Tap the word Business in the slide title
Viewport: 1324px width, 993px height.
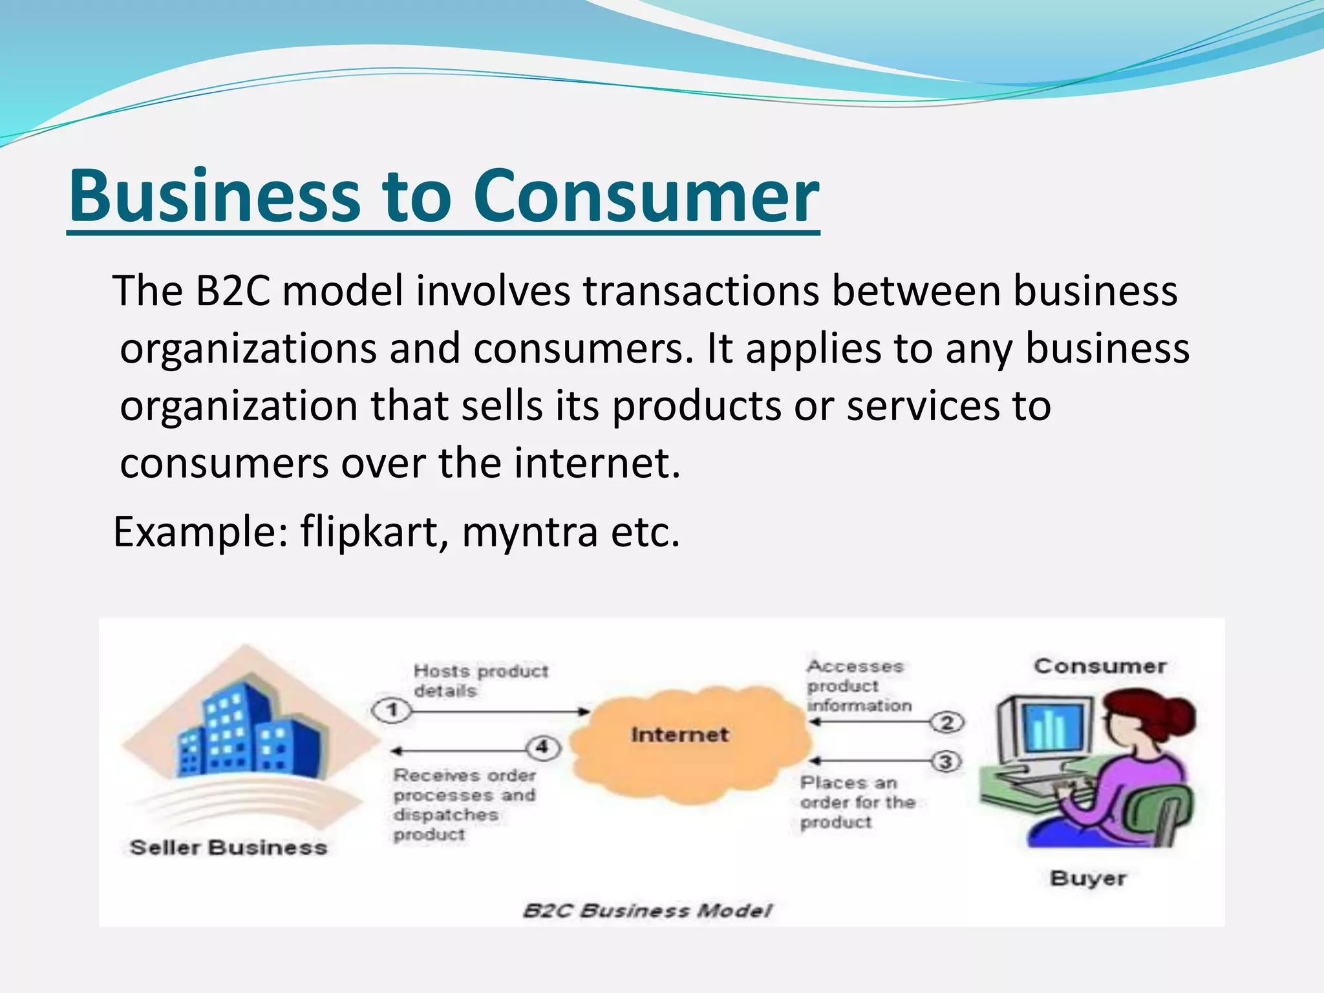tap(214, 196)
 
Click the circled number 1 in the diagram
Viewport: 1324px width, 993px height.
tap(392, 711)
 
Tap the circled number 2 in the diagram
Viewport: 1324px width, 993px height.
tap(947, 722)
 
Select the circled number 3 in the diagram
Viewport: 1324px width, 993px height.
tap(946, 762)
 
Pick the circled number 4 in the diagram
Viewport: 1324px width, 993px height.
tap(542, 748)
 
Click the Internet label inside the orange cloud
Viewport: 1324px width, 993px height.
tap(679, 735)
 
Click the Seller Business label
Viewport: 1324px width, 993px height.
tap(229, 848)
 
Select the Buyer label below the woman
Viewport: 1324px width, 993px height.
tap(1088, 879)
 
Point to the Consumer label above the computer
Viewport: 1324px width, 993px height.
tap(1100, 667)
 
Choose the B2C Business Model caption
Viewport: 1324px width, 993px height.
tap(646, 911)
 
